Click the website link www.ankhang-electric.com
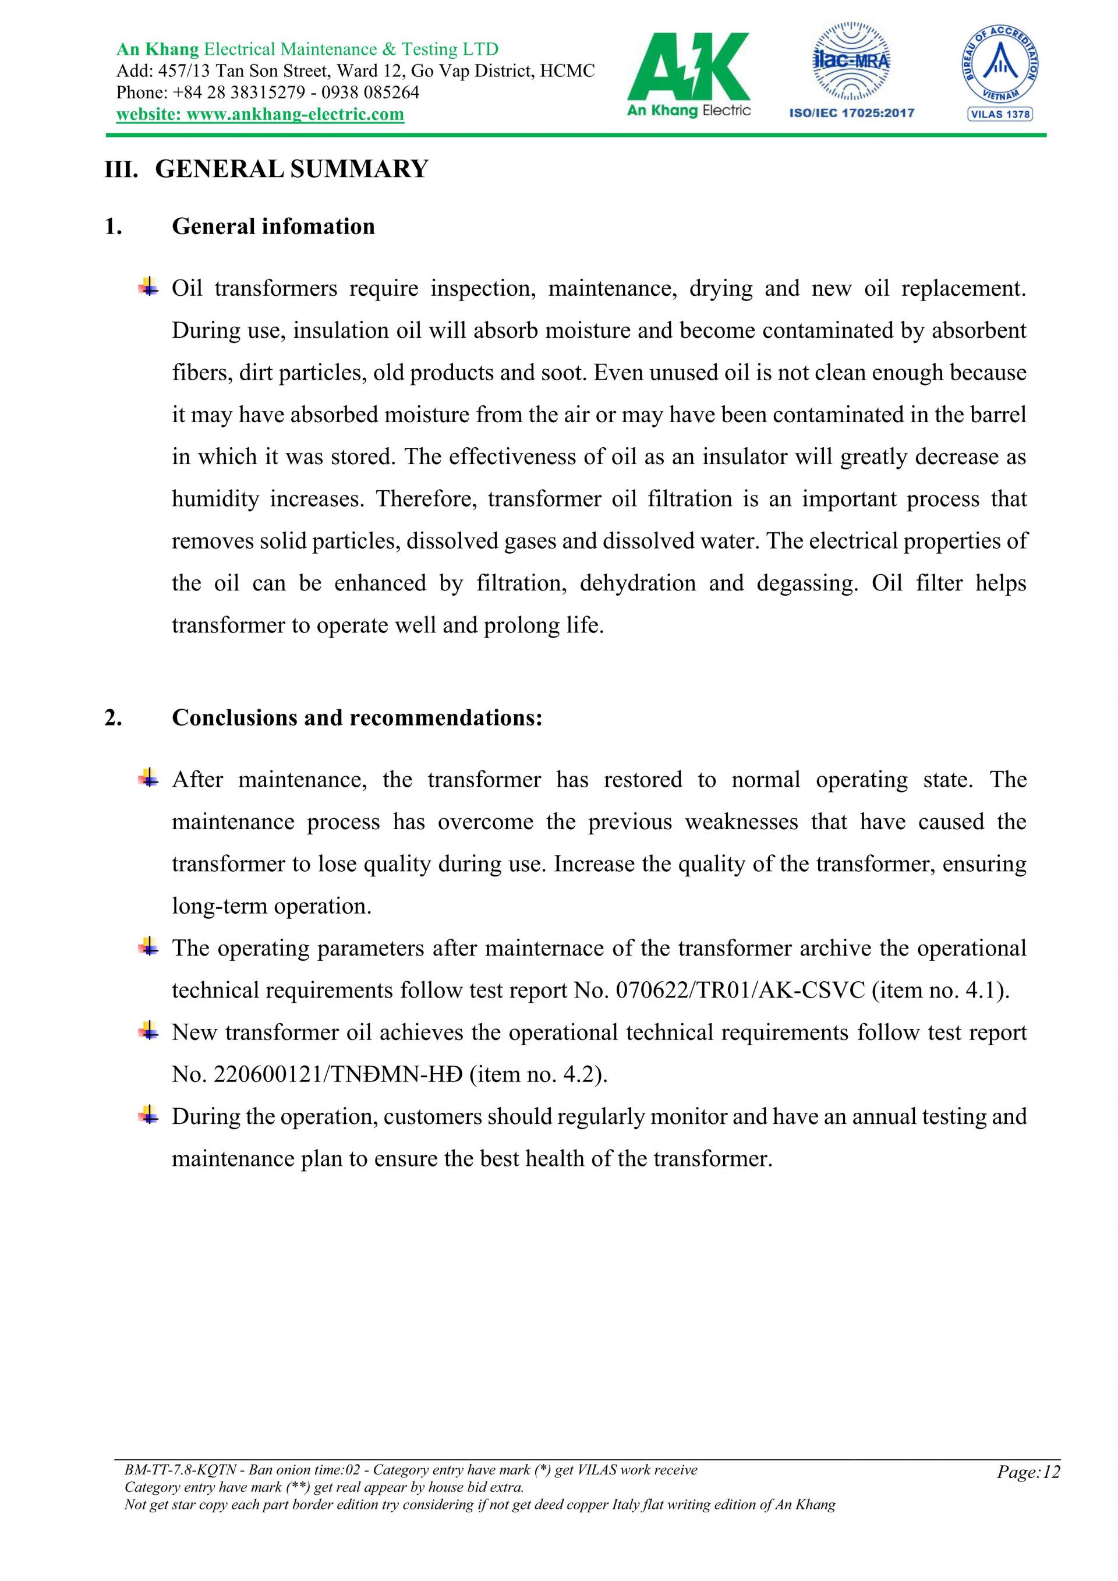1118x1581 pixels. (x=260, y=114)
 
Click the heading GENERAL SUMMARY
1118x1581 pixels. (x=291, y=169)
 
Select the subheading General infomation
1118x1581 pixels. (x=273, y=227)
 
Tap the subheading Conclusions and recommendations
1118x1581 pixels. (x=356, y=717)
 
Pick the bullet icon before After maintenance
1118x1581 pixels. (x=147, y=778)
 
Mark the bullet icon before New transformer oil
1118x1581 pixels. (x=147, y=1031)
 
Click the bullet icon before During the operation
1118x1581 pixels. (x=147, y=1115)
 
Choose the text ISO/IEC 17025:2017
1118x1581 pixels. (x=851, y=113)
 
